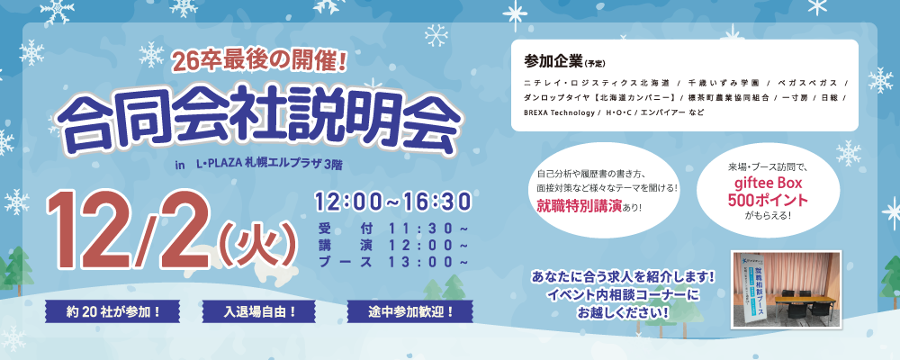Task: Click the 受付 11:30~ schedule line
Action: click(393, 227)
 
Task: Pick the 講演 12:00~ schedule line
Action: click(393, 244)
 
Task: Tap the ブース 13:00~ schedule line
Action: click(393, 262)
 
